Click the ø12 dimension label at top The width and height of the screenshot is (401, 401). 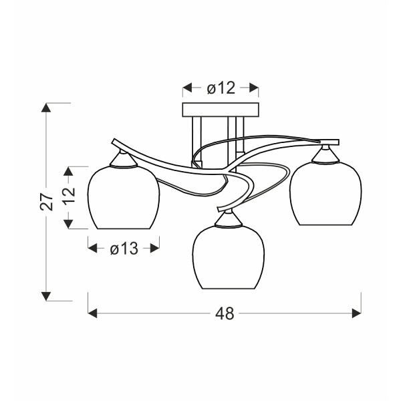pyautogui.click(x=221, y=88)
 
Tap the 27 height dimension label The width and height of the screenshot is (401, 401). pyautogui.click(x=47, y=202)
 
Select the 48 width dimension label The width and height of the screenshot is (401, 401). pyautogui.click(x=225, y=313)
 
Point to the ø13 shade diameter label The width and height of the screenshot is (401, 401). pyautogui.click(x=124, y=249)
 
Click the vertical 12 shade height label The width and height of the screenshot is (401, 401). pyautogui.click(x=69, y=195)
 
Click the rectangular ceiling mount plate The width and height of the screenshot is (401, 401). pyautogui.click(x=220, y=110)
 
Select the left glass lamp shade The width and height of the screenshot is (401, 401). pyautogui.click(x=124, y=197)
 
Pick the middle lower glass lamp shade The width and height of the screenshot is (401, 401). pyautogui.click(x=229, y=257)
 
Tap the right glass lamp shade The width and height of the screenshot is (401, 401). pyautogui.click(x=325, y=193)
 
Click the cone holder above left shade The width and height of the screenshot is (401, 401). pyautogui.click(x=123, y=160)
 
